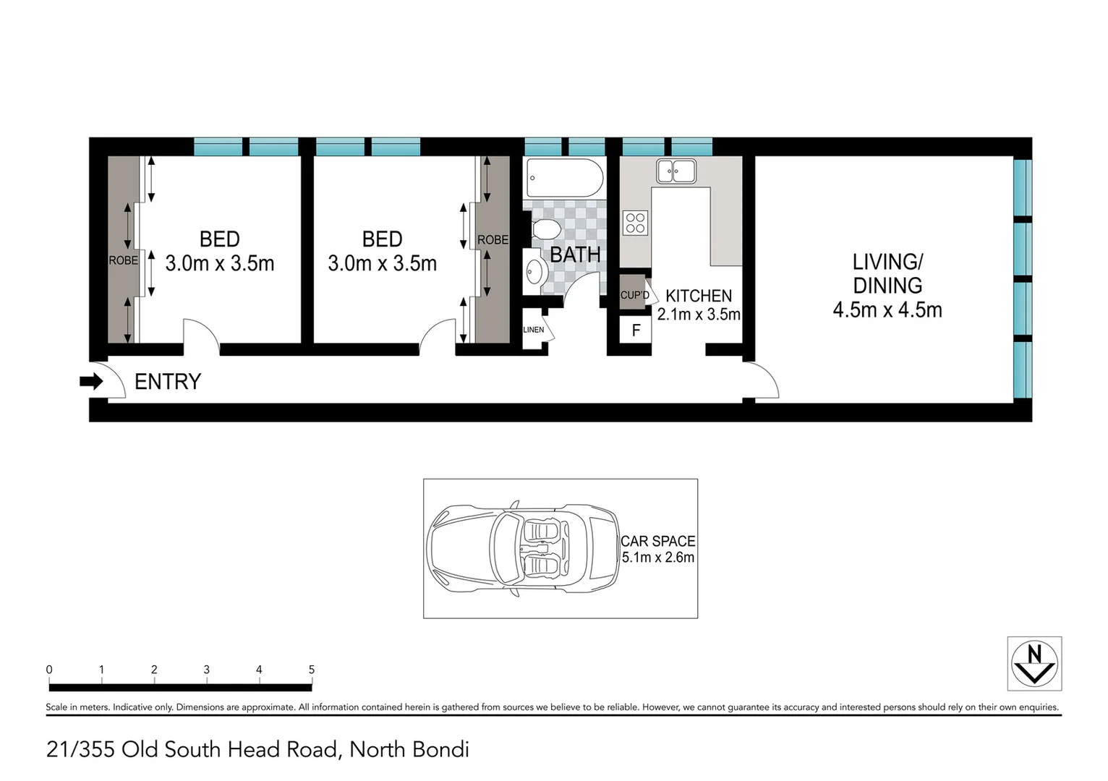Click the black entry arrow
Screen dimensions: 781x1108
[91, 381]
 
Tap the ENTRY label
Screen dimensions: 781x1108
[168, 382]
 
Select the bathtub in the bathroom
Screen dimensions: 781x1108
[564, 177]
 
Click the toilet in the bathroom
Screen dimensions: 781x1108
[545, 230]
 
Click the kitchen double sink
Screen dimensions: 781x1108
[676, 171]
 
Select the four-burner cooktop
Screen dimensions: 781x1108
[636, 222]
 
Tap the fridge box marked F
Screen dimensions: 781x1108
[636, 330]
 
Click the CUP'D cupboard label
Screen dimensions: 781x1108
[634, 295]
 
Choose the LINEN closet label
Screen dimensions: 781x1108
[533, 330]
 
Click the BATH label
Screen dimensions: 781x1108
[575, 255]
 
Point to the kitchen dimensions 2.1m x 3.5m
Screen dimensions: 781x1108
[699, 315]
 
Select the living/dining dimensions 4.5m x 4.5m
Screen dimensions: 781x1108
[887, 310]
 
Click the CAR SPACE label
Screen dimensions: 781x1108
[658, 541]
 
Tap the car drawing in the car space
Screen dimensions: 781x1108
[523, 548]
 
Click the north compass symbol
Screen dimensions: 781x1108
[1034, 664]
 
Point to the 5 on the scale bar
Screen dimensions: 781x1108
[312, 670]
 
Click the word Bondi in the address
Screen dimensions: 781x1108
[440, 749]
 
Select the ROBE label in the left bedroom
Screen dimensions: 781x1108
[123, 260]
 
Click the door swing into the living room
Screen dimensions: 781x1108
[765, 380]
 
